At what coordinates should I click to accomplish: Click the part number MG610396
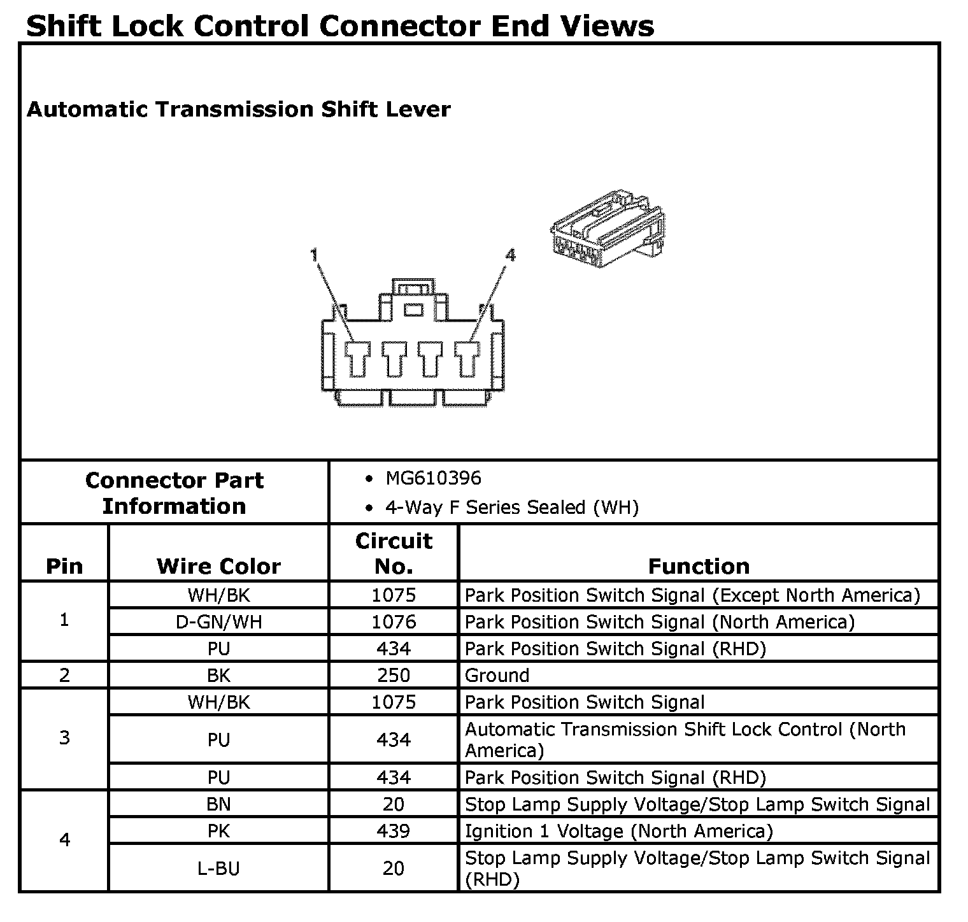433,479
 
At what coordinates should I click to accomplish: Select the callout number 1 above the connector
314,256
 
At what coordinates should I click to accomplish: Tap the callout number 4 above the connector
510,256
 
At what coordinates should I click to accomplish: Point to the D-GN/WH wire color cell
218,622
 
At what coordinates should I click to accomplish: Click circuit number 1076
394,622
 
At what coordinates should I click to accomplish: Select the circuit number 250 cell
394,676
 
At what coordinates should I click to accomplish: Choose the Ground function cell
497,676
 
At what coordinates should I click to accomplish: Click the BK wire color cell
218,676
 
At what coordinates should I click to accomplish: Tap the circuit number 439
394,832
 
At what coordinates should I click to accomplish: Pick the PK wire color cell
218,832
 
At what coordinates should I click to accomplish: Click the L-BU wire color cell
218,869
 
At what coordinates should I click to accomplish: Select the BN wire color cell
218,805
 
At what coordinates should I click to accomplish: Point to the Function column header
699,566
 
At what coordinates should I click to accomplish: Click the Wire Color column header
218,566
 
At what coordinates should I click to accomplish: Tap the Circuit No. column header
394,553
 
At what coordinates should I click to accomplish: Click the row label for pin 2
64,676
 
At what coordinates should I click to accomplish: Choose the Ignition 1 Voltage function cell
618,832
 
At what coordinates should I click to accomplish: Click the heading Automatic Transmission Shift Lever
238,110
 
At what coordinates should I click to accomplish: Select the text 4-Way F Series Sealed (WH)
511,507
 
